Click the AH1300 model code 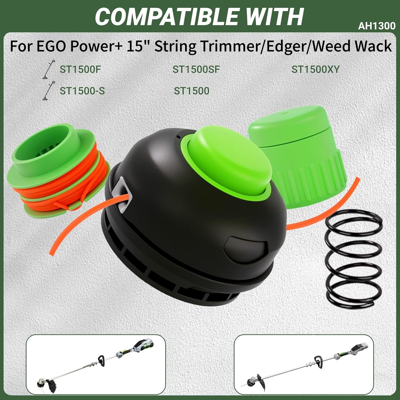(x=377, y=26)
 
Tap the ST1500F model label (x=81, y=69)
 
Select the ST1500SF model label (x=196, y=69)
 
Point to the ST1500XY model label (x=315, y=69)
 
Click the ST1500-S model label (x=82, y=91)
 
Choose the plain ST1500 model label (x=191, y=91)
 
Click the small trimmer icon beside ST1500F (x=49, y=69)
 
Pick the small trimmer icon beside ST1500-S (x=48, y=90)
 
